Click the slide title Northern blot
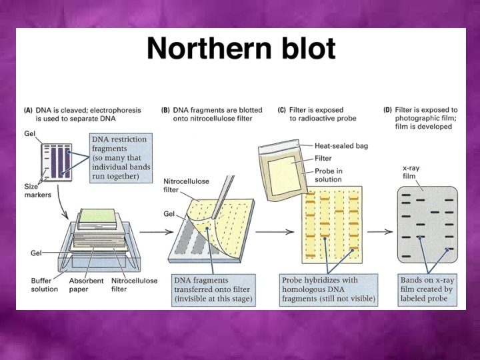(241, 49)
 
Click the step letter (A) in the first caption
(29, 109)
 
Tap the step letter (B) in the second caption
(166, 109)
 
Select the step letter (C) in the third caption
(276, 109)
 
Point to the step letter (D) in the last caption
(389, 109)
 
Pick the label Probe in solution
(330, 176)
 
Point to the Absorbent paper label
(87, 285)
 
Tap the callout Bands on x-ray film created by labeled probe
(427, 290)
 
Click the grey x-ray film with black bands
(427, 223)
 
